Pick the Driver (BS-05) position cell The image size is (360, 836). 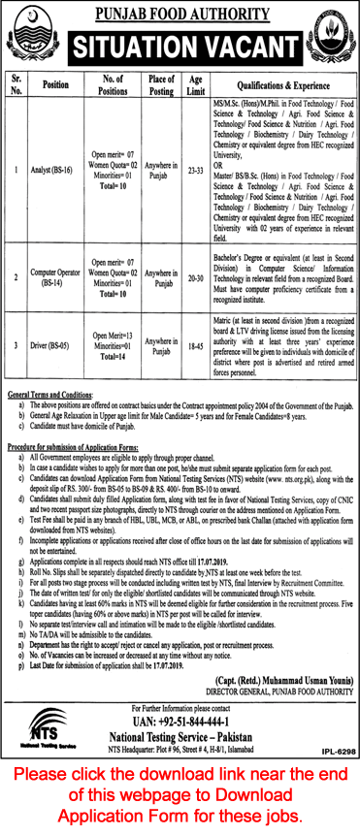tap(47, 343)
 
